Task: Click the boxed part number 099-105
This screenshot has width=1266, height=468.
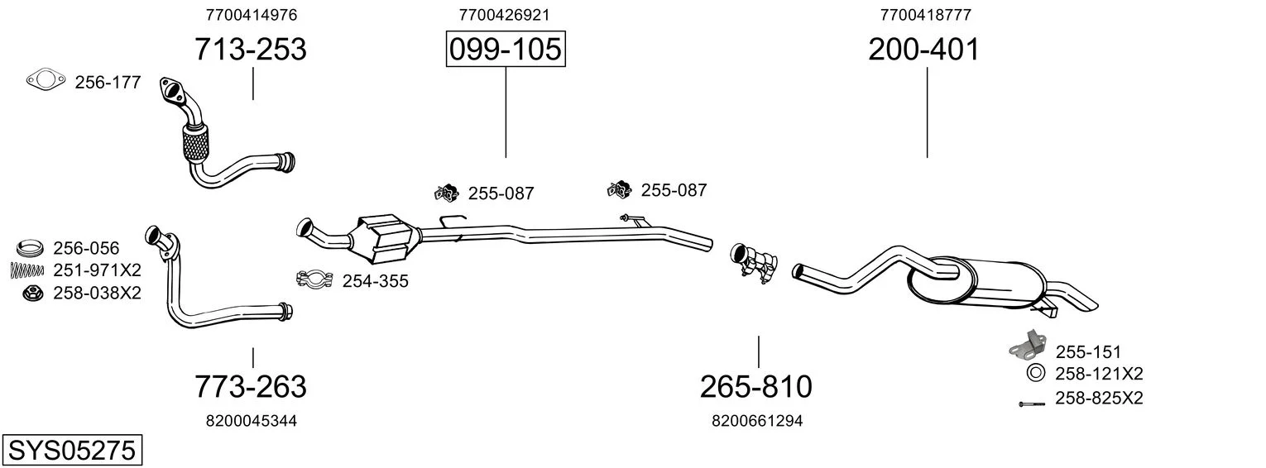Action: (505, 50)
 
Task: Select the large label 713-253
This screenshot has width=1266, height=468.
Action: (250, 50)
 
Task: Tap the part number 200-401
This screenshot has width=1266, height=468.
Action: (923, 50)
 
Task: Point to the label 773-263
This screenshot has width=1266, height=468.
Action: (250, 386)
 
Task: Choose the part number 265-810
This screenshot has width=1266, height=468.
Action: (755, 386)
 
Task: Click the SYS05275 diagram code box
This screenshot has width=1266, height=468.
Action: (71, 451)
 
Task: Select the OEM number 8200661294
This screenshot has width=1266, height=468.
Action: (756, 421)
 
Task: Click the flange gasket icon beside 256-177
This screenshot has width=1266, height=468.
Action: (46, 80)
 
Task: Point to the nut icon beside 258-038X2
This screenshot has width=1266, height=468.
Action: (32, 292)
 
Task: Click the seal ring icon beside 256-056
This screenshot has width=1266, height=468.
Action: (31, 247)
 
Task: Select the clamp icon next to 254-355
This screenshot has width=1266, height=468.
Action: (314, 279)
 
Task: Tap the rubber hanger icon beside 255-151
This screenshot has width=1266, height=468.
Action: (1026, 346)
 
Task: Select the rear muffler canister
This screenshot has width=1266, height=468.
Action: (976, 284)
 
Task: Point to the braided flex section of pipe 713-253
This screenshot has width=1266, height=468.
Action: (194, 143)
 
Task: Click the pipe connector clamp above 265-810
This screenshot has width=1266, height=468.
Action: (754, 264)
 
